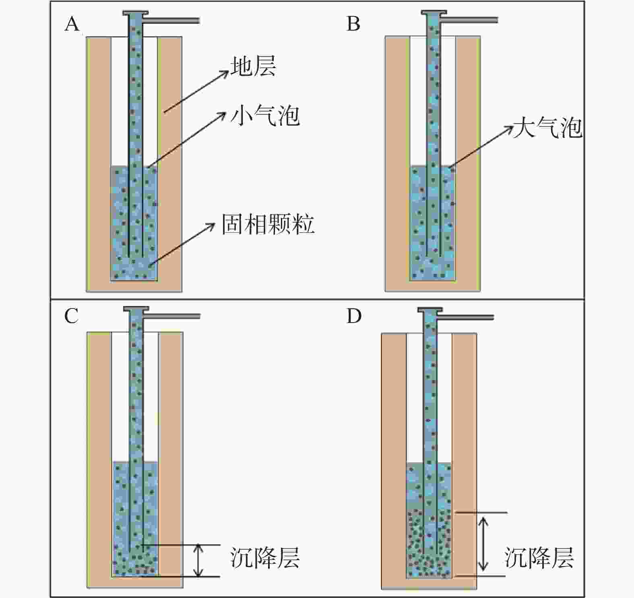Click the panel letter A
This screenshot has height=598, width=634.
72,25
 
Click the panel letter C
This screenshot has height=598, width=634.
71,317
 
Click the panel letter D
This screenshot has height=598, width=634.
354,317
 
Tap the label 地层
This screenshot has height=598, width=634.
253,66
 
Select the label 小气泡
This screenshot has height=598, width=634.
265,116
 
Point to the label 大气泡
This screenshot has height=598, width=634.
547,129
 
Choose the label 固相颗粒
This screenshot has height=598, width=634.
268,224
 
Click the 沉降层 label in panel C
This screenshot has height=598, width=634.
265,558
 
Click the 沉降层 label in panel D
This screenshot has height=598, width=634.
539,558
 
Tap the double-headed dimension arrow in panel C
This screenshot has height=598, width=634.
197,560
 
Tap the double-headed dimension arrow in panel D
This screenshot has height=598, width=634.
483,544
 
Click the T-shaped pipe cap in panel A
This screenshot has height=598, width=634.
136,13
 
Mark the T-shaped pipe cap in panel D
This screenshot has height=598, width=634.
430,310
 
